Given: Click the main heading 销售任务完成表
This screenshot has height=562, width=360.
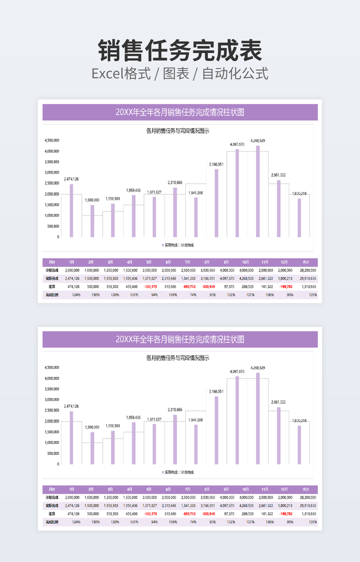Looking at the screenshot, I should click(180, 51).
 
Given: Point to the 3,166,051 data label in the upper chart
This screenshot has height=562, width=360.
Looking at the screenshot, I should click(216, 164).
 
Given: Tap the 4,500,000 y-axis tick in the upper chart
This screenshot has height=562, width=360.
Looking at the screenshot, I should click(52, 140).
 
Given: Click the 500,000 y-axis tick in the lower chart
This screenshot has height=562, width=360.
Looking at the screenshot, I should click(53, 453).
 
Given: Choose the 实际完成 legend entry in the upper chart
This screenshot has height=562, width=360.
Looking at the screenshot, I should click(170, 245).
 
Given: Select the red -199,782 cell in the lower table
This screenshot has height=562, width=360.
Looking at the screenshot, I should click(285, 514).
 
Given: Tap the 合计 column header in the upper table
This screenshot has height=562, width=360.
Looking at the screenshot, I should click(306, 262).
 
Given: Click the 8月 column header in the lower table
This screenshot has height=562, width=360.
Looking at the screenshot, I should click(206, 489).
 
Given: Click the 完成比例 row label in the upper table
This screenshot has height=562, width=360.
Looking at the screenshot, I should click(51, 295).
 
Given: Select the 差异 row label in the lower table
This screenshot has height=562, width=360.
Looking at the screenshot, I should click(51, 514).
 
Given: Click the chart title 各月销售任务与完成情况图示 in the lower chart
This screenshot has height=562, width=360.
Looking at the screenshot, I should click(177, 358).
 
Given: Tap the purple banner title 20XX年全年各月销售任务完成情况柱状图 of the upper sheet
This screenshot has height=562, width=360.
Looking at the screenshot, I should click(180, 112).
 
